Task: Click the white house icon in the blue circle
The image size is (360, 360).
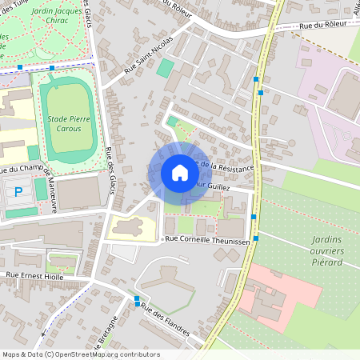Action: pyautogui.click(x=179, y=173)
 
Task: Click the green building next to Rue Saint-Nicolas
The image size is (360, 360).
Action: pyautogui.click(x=165, y=69)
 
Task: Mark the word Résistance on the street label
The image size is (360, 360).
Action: pyautogui.click(x=233, y=168)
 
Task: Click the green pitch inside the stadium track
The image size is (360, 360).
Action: pyautogui.click(x=69, y=120)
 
